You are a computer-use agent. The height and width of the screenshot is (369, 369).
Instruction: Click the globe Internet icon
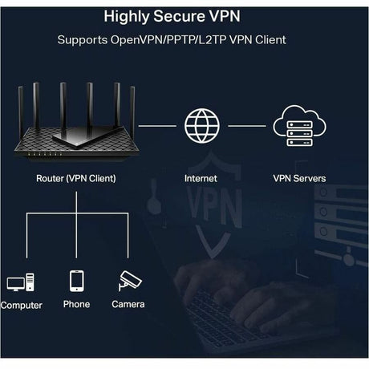pyautogui.click(x=201, y=126)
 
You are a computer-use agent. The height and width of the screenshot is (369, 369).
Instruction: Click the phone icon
pyautogui.click(x=77, y=281)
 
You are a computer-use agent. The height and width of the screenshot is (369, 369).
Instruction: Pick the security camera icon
pyautogui.click(x=128, y=281)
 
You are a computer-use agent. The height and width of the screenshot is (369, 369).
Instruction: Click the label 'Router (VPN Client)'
pyautogui.click(x=76, y=178)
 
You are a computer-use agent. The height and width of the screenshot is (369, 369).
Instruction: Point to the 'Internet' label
pyautogui.click(x=201, y=178)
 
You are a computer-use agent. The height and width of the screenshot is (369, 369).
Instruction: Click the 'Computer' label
pyautogui.click(x=22, y=306)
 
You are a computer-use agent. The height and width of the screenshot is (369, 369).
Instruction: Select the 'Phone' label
pyautogui.click(x=77, y=305)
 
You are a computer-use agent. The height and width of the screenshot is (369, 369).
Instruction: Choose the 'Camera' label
pyautogui.click(x=128, y=305)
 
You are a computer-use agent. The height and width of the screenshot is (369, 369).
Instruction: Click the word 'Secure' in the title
pyautogui.click(x=184, y=15)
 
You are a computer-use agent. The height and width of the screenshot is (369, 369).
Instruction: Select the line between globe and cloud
pyautogui.click(x=245, y=126)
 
